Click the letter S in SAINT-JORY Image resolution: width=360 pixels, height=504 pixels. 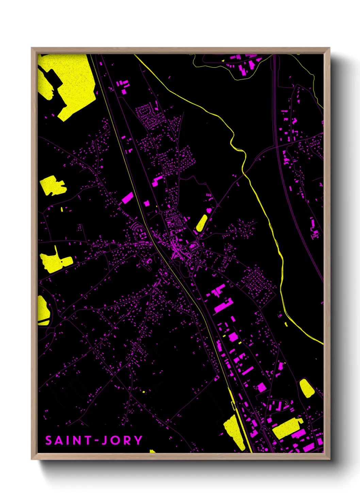coord(49,440)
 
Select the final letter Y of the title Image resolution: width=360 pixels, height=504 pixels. coord(138,440)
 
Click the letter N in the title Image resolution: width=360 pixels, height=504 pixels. coord(76,440)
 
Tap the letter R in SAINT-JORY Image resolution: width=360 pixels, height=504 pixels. coord(127,440)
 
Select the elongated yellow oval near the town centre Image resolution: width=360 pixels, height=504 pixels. coord(201,223)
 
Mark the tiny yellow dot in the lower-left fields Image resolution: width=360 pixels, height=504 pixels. coord(144,392)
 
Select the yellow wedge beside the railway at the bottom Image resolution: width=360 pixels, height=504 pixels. coord(235,431)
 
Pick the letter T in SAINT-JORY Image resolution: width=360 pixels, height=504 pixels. coord(87,440)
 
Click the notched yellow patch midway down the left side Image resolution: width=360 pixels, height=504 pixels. coord(53,186)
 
